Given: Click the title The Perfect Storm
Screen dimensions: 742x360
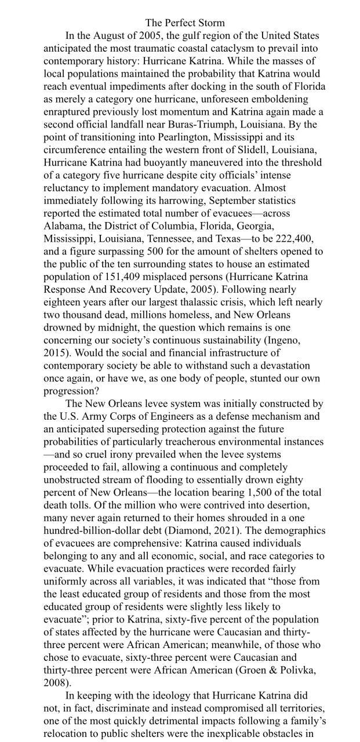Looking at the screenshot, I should (x=184, y=23).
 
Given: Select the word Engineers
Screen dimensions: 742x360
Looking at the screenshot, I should (x=177, y=416).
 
